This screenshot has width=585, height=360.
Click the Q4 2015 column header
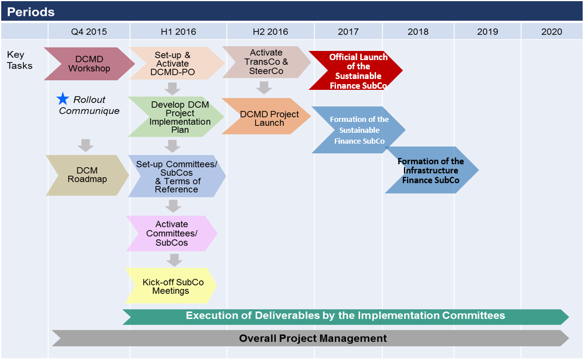click(x=89, y=31)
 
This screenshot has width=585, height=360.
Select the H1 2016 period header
click(x=179, y=31)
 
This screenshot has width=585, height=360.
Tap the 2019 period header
click(x=487, y=31)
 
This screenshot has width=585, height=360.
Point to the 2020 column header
click(x=551, y=31)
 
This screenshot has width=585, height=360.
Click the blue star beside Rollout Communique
click(x=63, y=99)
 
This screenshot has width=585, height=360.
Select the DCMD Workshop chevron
click(x=89, y=64)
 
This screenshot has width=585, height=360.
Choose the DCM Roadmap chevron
click(x=88, y=175)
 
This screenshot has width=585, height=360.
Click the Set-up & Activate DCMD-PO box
click(x=177, y=64)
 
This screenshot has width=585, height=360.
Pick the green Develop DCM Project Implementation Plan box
click(x=176, y=117)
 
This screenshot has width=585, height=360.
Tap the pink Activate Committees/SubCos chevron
click(x=172, y=233)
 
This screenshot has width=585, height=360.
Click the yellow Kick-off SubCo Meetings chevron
click(x=171, y=286)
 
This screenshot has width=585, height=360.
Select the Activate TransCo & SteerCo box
click(x=266, y=62)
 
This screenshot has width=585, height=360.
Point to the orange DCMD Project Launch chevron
click(x=266, y=116)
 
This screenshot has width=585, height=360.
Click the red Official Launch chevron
click(x=355, y=70)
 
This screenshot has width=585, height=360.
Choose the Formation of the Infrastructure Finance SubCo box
click(x=432, y=170)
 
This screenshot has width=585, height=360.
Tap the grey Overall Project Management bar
click(x=310, y=338)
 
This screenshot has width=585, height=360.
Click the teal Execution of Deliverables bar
click(x=346, y=317)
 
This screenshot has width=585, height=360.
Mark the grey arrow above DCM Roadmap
click(x=85, y=145)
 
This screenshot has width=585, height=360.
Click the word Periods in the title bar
click(x=31, y=12)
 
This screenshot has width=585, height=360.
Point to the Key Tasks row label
click(x=20, y=60)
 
